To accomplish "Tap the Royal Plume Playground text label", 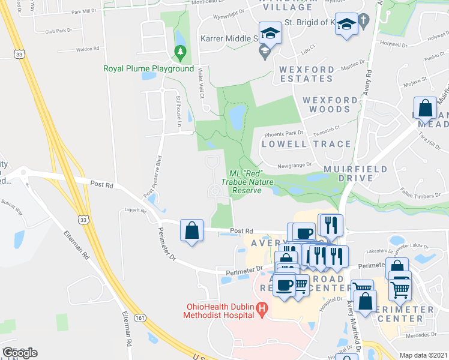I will (148, 69).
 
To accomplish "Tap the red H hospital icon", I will (261, 310).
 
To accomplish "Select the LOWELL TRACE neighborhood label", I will (307, 144).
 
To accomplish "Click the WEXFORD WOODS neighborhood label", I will (327, 104).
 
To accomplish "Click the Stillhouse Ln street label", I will (179, 110).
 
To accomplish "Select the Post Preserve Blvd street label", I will (153, 178).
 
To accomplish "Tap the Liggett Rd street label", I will (135, 210).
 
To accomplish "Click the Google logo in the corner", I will (20, 352).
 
